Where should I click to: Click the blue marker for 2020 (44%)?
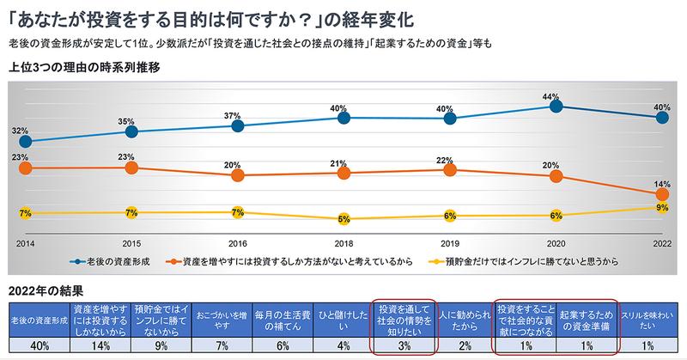[x=556, y=107]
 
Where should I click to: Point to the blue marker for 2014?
[x=25, y=141]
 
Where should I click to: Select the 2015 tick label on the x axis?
[x=131, y=243]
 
